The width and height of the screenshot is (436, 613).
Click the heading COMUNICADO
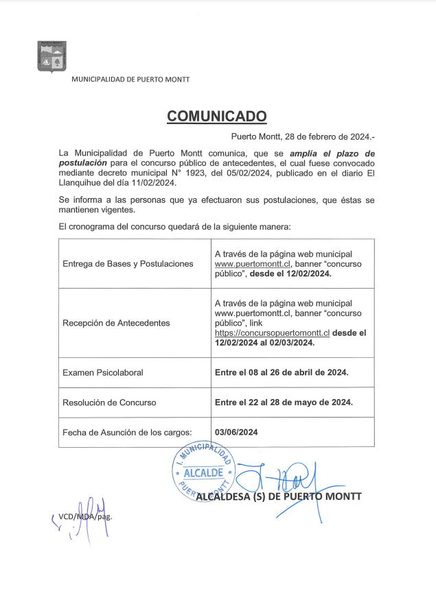[216, 116]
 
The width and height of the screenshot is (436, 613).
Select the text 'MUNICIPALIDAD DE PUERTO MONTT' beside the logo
[131, 80]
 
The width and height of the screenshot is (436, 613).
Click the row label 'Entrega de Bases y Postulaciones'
[128, 263]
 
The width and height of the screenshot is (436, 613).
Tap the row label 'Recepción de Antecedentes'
[116, 322]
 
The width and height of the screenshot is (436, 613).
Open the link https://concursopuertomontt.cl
[273, 332]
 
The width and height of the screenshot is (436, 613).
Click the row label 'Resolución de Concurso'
[109, 402]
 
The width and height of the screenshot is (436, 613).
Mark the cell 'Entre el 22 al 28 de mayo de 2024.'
[284, 402]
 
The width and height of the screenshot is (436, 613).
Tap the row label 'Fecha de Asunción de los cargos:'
[127, 432]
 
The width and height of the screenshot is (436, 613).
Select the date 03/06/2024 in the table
[236, 432]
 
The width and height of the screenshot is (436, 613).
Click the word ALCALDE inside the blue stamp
[204, 472]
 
